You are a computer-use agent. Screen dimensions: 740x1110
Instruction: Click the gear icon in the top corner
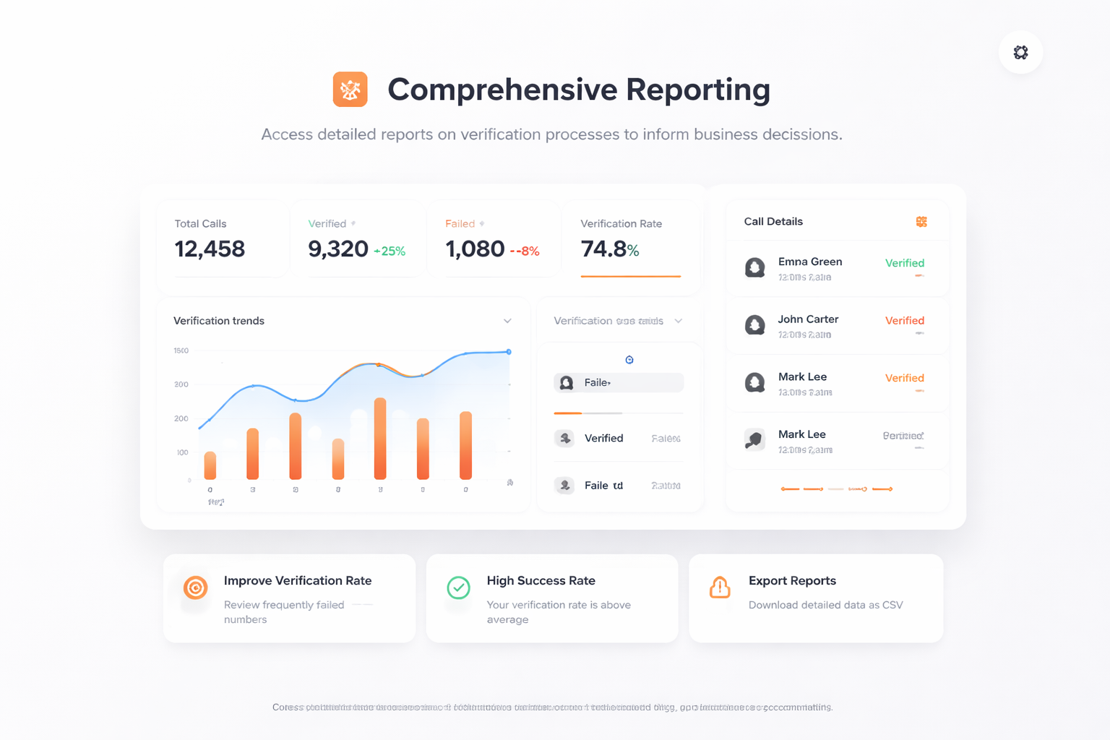1020,52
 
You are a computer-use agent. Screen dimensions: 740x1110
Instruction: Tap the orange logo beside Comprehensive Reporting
350,90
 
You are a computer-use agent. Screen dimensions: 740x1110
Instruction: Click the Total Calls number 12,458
210,249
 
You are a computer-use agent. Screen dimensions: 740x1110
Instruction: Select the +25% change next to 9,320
390,251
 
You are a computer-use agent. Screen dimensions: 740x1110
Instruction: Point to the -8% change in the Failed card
525,251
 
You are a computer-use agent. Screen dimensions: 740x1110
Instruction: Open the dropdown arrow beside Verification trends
507,321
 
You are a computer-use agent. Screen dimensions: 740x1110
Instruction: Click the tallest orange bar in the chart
380,439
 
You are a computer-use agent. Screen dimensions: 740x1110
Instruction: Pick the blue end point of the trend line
509,352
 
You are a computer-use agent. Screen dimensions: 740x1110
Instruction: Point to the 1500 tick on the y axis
181,350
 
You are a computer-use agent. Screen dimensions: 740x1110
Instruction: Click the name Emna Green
810,262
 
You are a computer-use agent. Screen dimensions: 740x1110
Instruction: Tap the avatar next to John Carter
755,325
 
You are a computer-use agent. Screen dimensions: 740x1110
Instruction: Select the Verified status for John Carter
905,320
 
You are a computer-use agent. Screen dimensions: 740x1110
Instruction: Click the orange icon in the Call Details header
921,222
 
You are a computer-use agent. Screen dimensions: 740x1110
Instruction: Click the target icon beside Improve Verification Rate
195,588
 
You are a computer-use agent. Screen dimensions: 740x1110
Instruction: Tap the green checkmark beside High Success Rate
458,588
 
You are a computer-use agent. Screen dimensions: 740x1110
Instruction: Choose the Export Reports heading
792,581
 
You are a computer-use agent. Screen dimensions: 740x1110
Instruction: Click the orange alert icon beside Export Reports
720,588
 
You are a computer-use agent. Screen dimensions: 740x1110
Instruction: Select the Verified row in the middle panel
603,438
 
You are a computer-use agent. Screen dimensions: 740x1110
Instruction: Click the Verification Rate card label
621,224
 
